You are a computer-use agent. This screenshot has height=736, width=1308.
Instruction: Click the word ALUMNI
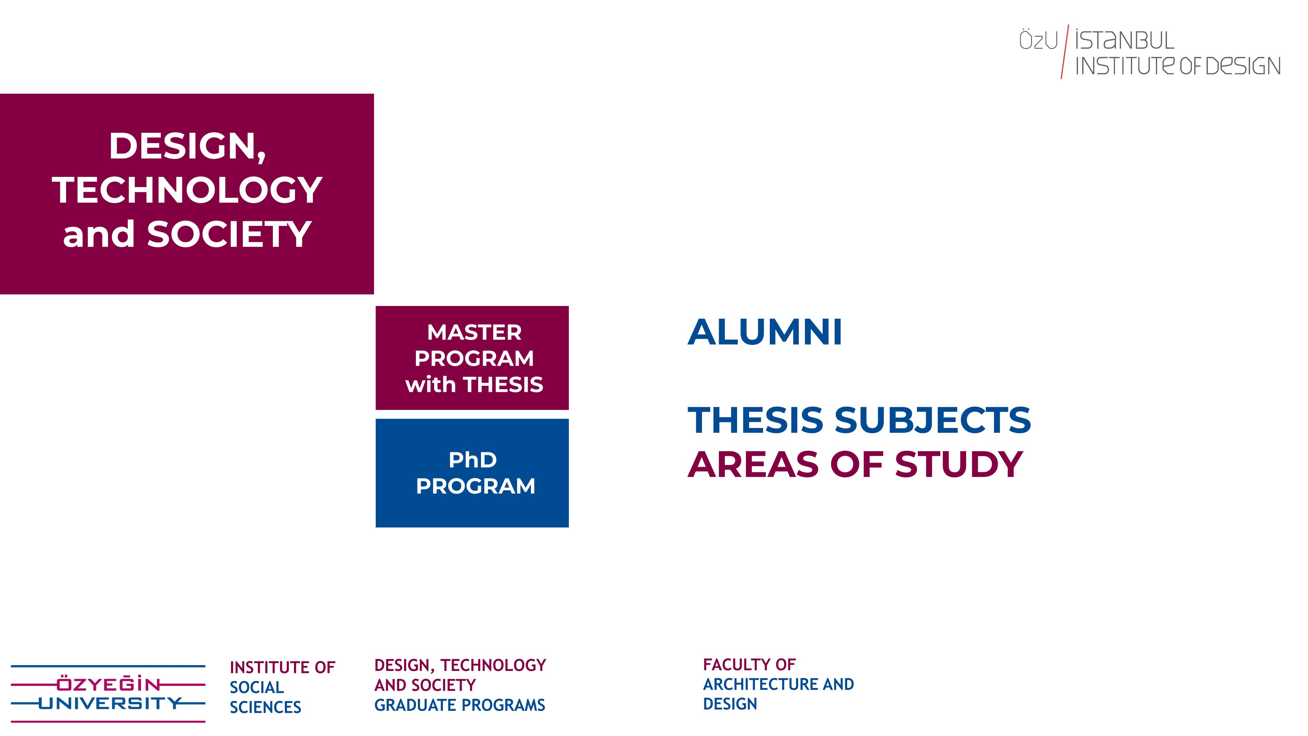point(765,332)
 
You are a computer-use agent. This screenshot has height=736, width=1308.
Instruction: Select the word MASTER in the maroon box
point(474,332)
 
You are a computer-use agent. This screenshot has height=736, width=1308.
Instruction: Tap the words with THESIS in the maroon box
point(474,384)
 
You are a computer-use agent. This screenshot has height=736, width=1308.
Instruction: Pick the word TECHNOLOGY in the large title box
point(187,190)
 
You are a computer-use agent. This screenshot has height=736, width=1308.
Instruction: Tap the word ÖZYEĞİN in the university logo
point(108,684)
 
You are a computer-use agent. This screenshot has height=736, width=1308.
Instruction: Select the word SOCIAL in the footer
point(256,687)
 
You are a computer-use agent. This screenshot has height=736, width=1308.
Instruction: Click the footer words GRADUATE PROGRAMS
point(460,705)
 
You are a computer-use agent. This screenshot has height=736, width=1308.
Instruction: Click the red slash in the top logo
point(1065,51)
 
